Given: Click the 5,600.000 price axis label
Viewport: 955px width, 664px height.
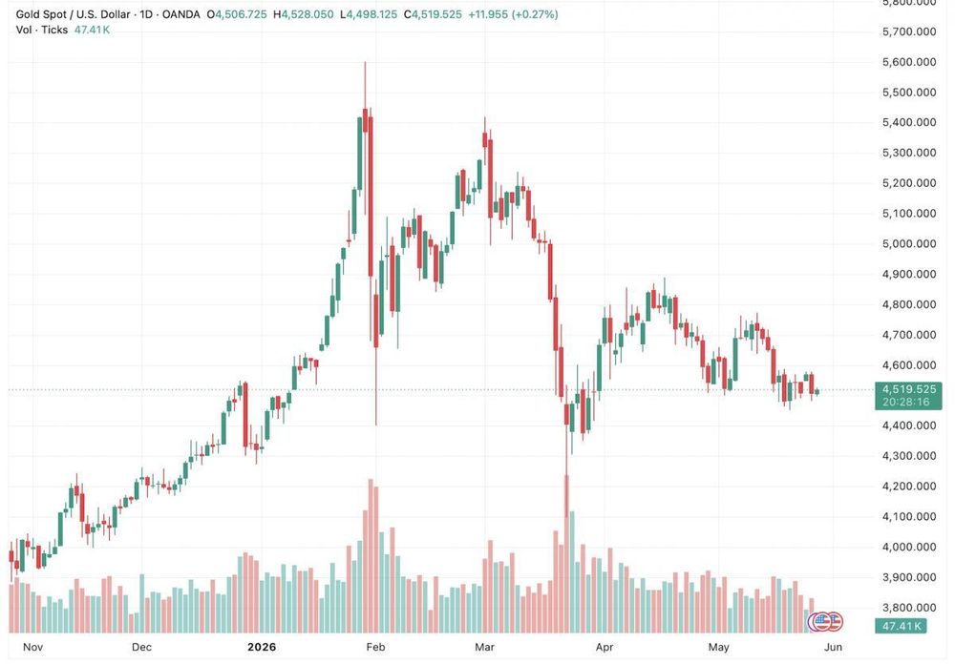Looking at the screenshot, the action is [x=909, y=62].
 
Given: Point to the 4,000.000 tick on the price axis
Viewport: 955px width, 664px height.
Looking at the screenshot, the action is [x=909, y=548].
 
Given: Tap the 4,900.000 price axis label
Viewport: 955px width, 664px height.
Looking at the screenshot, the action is [x=909, y=275].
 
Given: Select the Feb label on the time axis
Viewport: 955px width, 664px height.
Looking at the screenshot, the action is [x=375, y=647].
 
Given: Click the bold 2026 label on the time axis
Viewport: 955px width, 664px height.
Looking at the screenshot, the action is [x=262, y=647].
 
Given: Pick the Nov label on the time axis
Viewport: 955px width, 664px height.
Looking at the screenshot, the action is [x=32, y=647].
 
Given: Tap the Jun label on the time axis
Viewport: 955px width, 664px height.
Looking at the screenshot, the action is [x=833, y=647].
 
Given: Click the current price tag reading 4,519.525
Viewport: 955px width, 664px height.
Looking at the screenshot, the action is [x=909, y=389].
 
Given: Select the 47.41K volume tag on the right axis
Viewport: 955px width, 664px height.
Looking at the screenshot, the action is [x=901, y=626].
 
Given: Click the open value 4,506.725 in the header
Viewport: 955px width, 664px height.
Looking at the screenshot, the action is [x=242, y=14].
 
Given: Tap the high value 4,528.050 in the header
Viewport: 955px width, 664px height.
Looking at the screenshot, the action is [x=307, y=14].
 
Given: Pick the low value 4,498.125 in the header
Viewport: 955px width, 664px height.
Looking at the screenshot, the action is [x=371, y=14].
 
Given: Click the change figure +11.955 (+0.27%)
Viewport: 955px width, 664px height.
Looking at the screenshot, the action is [x=513, y=14].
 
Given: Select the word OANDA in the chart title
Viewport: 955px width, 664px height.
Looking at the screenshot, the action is [x=180, y=14].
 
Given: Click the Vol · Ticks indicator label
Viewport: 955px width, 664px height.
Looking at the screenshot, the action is [x=42, y=30].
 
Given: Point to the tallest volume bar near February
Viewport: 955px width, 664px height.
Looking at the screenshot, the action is [x=370, y=555].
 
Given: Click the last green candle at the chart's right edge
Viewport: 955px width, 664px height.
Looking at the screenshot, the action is [x=817, y=392].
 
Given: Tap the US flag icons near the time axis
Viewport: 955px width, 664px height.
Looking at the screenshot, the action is [x=825, y=621].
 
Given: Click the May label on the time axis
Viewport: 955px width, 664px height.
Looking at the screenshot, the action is [x=719, y=647].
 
